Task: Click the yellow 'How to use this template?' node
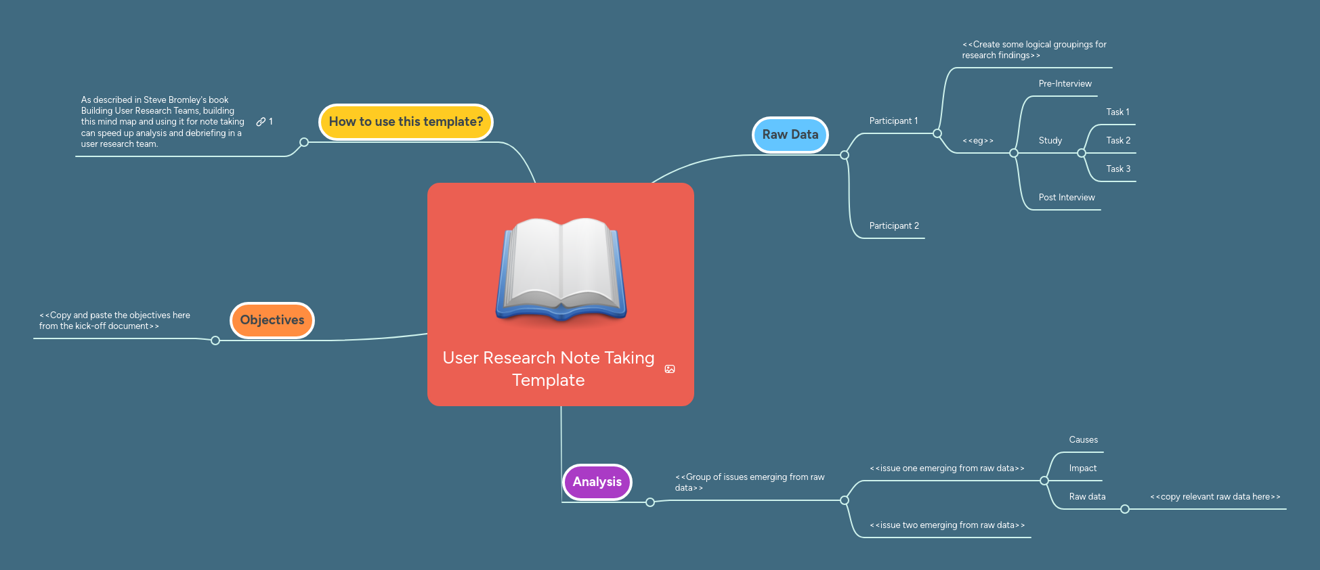pos(406,122)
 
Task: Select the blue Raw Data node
pos(790,135)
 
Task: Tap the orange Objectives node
pos(272,320)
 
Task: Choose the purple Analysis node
pos(597,482)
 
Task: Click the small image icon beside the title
pos(670,369)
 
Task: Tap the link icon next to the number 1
pos(261,122)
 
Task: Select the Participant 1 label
pos(893,121)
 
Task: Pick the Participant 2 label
pos(894,226)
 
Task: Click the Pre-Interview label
pos(1065,84)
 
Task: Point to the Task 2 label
pos(1118,141)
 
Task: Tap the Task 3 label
pos(1118,169)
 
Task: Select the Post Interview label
pos(1066,198)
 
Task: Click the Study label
pos(1050,141)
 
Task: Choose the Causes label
pos(1083,440)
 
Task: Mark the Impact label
pos(1082,468)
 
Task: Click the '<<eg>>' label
pos(978,141)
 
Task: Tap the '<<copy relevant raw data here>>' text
pos(1215,497)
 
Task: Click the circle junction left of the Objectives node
pos(215,341)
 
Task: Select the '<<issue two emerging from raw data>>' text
pos(947,525)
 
